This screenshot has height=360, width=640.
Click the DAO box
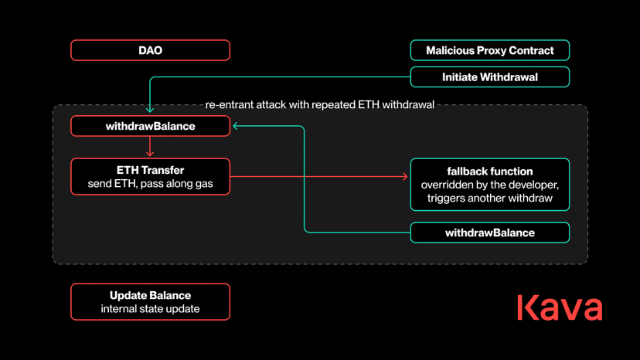[150, 50]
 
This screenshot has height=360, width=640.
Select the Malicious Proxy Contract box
[490, 50]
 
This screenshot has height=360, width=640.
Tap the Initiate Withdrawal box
[490, 76]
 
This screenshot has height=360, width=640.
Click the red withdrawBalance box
[150, 126]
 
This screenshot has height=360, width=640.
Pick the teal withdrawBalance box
[490, 233]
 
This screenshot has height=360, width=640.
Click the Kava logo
[560, 307]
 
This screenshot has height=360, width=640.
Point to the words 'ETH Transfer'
[150, 170]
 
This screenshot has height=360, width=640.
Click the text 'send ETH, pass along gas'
[150, 184]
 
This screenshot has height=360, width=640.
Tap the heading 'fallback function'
[490, 171]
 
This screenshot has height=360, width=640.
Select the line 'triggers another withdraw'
[490, 198]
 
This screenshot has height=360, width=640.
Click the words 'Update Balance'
[150, 295]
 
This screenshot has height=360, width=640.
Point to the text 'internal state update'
[150, 308]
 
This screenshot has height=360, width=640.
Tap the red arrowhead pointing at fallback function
[405, 176]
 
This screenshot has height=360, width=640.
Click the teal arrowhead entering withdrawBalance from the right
[236, 126]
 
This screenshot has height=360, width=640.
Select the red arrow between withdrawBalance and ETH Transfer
[150, 146]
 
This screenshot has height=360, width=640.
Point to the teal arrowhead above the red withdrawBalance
[150, 110]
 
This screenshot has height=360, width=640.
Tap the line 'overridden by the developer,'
[490, 185]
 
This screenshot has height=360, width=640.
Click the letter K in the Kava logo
[526, 307]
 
